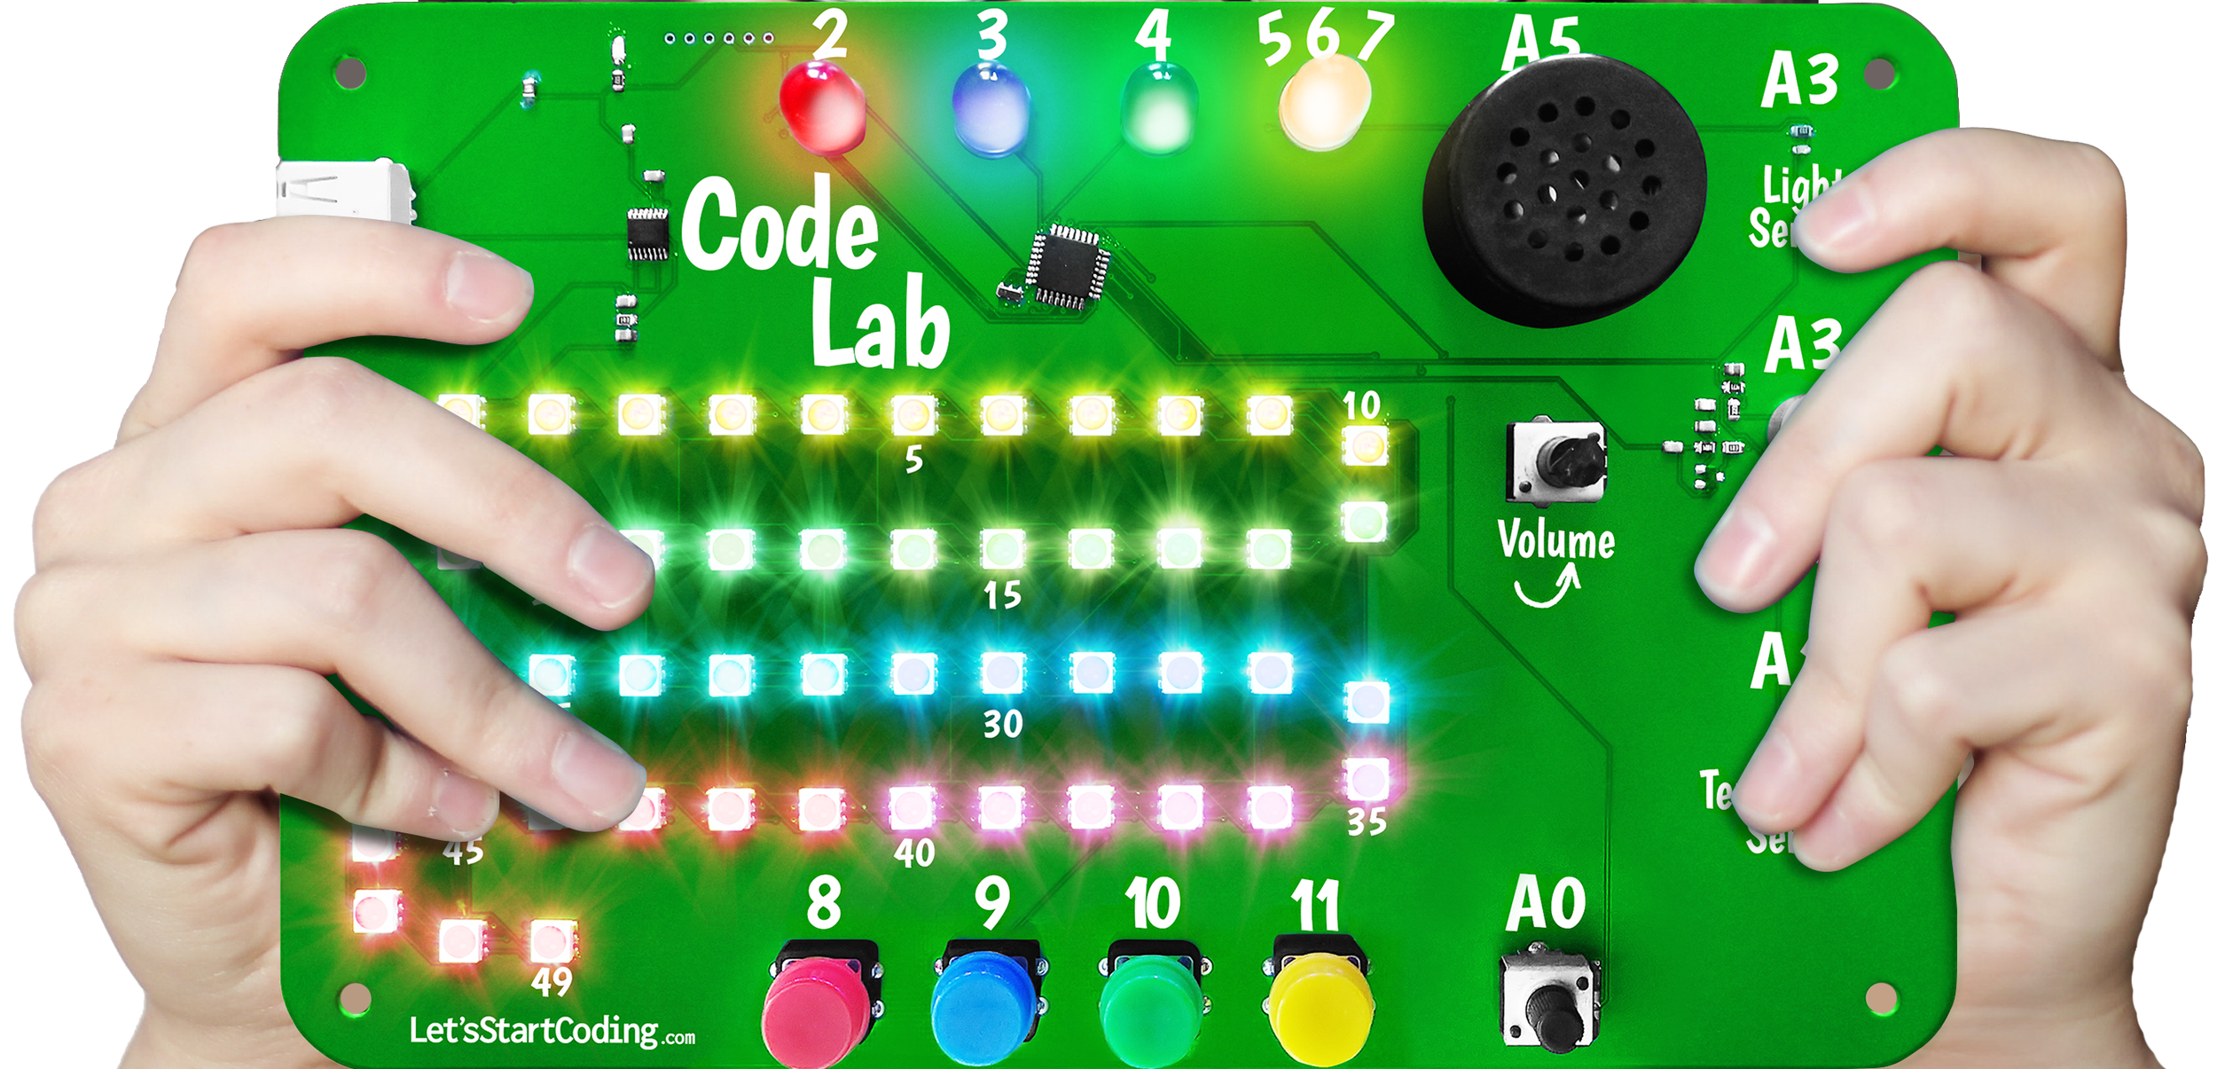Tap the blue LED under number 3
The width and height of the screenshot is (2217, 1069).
pos(991,111)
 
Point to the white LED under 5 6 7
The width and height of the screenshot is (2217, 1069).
pos(1324,102)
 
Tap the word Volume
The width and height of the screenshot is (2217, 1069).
pos(1555,541)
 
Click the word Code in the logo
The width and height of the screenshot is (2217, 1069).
pos(779,225)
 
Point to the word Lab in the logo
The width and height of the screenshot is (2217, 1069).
pos(880,325)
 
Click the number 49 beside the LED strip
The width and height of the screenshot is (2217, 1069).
pos(552,982)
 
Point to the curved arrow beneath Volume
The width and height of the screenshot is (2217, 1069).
pos(1547,588)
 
